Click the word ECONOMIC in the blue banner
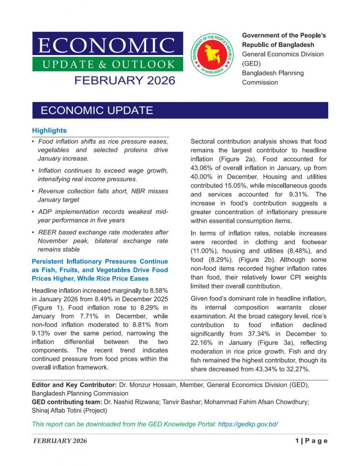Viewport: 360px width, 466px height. pyautogui.click(x=107, y=45)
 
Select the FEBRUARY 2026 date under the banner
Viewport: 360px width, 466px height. pyautogui.click(x=125, y=81)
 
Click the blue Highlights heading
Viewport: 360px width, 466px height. pyautogui.click(x=49, y=131)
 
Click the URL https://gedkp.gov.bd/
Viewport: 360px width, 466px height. pyautogui.click(x=248, y=424)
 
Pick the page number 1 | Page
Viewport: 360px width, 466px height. pyautogui.click(x=311, y=441)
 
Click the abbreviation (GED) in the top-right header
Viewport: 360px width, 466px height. pyautogui.click(x=251, y=64)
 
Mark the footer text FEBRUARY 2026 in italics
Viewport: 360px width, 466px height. pyautogui.click(x=60, y=441)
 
